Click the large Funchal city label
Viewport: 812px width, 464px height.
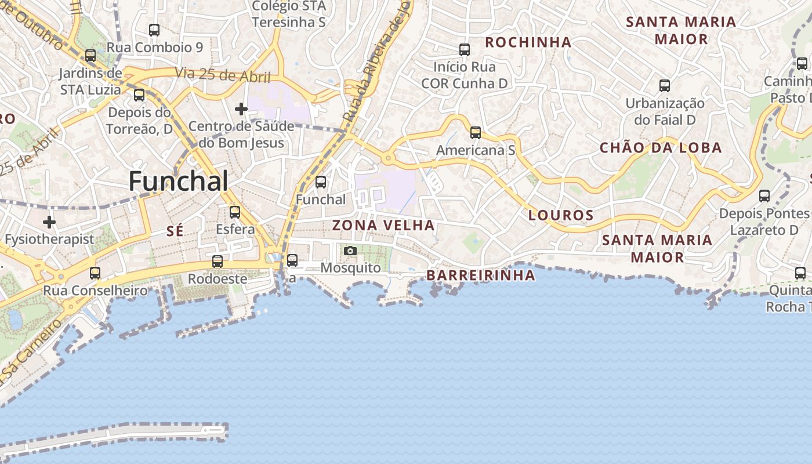tap(178, 182)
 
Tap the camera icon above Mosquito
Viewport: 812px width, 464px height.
tap(350, 251)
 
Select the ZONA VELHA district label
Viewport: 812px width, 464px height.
tap(383, 225)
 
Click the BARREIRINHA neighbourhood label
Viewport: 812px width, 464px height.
tap(481, 275)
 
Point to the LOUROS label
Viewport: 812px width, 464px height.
tap(561, 215)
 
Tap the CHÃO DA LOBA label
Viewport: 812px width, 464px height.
tap(661, 147)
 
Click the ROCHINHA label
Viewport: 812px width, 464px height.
tap(528, 42)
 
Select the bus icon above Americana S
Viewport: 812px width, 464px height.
tap(476, 133)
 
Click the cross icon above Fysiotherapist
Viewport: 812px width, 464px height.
tap(49, 222)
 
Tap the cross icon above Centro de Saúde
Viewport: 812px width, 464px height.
tap(241, 108)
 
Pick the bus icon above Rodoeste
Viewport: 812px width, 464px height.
tap(217, 262)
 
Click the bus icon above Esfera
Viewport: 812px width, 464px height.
tap(235, 212)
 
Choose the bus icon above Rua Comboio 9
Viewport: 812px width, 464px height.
tap(154, 30)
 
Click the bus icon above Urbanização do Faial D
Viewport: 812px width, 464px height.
tap(665, 86)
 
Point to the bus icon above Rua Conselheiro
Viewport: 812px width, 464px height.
tap(95, 273)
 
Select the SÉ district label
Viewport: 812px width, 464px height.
tap(175, 231)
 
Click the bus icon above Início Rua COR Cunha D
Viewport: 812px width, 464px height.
tap(464, 50)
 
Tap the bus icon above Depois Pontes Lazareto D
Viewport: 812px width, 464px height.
tap(764, 196)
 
